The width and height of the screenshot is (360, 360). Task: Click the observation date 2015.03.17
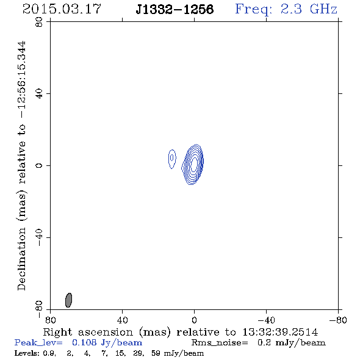click(x=62, y=9)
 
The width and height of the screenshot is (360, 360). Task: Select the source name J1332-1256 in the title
click(x=175, y=9)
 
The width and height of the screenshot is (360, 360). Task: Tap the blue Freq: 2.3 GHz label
click(x=286, y=9)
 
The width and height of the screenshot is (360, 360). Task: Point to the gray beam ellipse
click(x=69, y=300)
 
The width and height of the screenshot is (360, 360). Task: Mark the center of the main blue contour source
click(x=194, y=164)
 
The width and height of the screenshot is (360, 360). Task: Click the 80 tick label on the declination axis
click(x=39, y=22)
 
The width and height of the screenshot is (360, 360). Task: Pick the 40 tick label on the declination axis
click(x=39, y=94)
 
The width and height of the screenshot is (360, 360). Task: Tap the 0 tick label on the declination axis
click(x=39, y=165)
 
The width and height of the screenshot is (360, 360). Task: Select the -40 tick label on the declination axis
click(x=39, y=237)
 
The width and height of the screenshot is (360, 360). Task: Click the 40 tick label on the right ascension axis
click(x=122, y=320)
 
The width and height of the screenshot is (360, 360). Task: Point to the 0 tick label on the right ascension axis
click(x=194, y=320)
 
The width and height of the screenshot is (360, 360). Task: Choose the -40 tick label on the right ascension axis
click(x=266, y=320)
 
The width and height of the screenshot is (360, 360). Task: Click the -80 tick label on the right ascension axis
click(x=338, y=320)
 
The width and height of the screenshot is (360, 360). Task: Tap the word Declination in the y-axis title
click(x=21, y=259)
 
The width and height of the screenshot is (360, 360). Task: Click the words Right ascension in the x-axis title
click(x=88, y=332)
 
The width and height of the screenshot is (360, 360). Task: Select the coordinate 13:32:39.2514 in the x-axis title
click(x=280, y=332)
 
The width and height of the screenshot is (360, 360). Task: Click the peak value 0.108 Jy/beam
click(x=107, y=343)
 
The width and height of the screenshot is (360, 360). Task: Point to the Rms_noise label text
click(x=220, y=343)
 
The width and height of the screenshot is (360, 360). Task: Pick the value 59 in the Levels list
click(x=156, y=353)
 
